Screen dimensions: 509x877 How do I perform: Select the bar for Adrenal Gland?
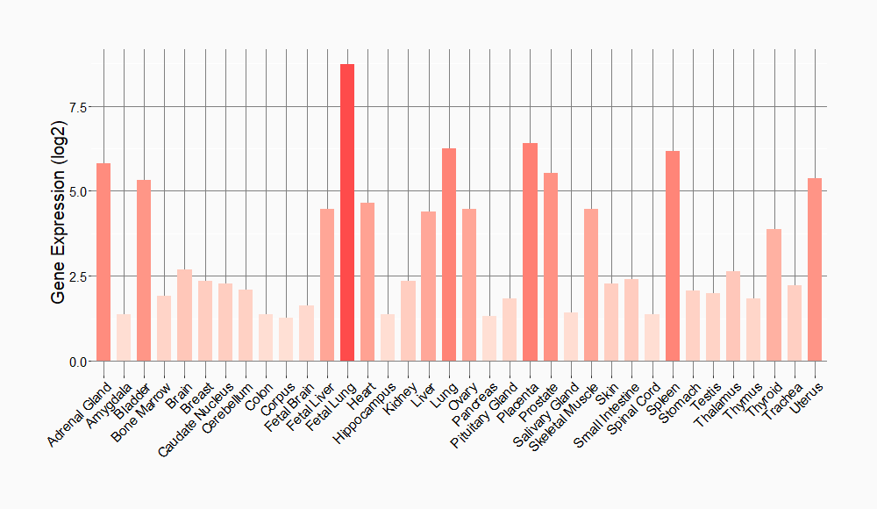103,262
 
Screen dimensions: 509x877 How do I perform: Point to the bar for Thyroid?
774,295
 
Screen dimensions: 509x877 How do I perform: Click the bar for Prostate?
551,267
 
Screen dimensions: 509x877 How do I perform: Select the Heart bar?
367,282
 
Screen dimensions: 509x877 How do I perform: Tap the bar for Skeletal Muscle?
591,285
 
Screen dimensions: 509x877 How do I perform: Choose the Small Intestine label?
603,416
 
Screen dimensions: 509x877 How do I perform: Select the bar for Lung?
449,254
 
